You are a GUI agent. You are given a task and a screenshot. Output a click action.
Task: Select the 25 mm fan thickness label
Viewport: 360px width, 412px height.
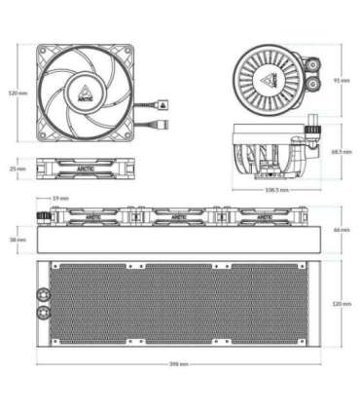pyautogui.click(x=15, y=169)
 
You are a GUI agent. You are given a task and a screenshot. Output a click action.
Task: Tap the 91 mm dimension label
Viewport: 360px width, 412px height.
pyautogui.click(x=342, y=80)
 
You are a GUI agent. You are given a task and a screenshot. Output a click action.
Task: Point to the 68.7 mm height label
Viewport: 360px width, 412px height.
pyautogui.click(x=342, y=152)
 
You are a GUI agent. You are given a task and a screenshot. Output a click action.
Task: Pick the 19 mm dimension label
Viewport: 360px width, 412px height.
pyautogui.click(x=61, y=199)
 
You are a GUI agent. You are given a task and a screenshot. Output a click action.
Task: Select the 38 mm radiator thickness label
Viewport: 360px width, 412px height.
pyautogui.click(x=15, y=239)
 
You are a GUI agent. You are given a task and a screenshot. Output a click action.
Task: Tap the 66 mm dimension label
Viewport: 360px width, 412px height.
pyautogui.click(x=342, y=230)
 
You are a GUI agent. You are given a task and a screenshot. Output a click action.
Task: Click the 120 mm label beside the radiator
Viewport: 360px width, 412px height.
pyautogui.click(x=342, y=304)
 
